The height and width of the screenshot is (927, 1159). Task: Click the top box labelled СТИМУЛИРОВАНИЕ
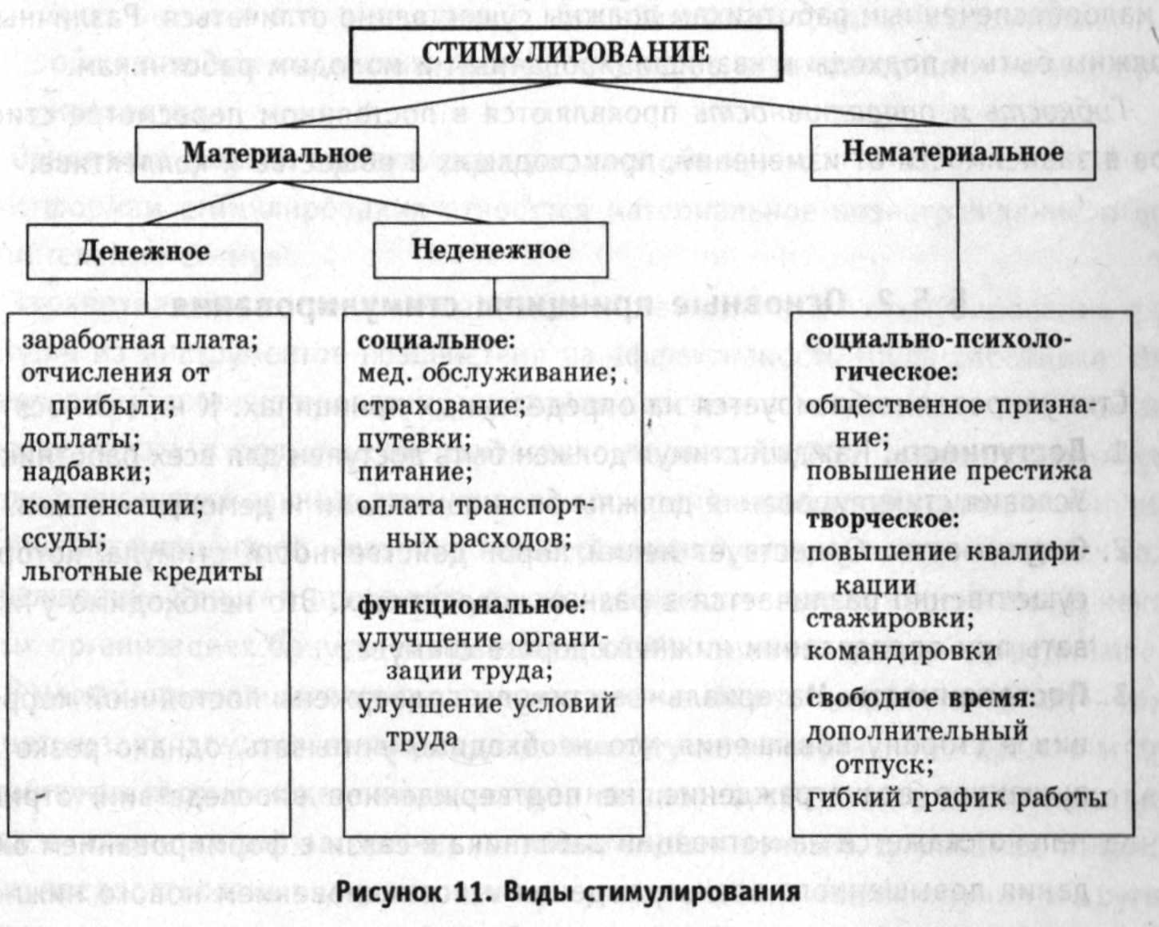point(565,53)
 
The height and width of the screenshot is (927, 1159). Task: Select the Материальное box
point(277,153)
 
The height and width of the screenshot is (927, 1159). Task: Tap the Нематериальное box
point(952,152)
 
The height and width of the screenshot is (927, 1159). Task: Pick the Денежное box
point(144,252)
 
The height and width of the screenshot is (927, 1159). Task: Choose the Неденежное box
point(490,250)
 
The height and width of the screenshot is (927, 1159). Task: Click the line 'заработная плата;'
point(140,340)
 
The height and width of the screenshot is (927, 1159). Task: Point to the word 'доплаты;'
point(81,439)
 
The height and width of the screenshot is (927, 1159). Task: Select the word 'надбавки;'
point(86,471)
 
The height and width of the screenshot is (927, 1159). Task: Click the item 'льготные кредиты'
point(142,572)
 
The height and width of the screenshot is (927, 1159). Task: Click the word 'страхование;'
point(442,406)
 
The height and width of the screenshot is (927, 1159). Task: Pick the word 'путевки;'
point(415,440)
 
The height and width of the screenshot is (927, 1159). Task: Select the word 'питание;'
point(415,471)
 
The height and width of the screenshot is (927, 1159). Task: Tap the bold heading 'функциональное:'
point(471,606)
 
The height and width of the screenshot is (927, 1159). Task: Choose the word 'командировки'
point(901,651)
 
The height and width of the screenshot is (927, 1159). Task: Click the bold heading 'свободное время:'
point(920,698)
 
